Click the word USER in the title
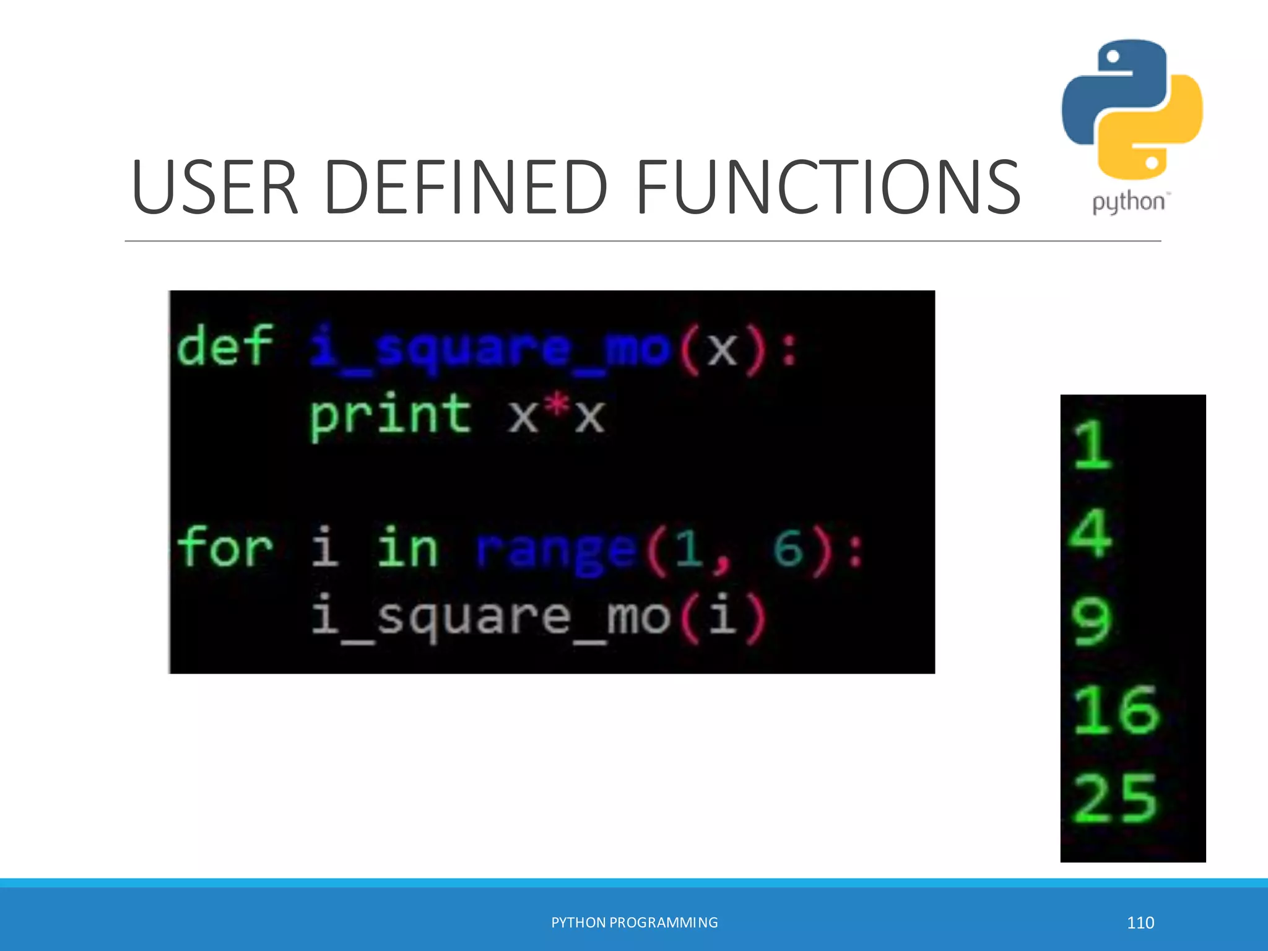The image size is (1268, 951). [215, 187]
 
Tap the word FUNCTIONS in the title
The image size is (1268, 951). [827, 187]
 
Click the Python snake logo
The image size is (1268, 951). [1132, 110]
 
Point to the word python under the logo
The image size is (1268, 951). [1128, 202]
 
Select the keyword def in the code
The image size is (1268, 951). [224, 347]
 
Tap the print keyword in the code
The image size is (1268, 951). [390, 415]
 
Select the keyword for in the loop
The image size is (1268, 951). [224, 547]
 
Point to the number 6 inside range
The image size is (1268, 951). [788, 549]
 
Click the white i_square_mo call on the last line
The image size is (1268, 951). [490, 618]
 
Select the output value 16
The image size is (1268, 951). [1115, 710]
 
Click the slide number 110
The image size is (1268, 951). [1140, 923]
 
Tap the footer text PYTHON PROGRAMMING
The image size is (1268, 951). [635, 923]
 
